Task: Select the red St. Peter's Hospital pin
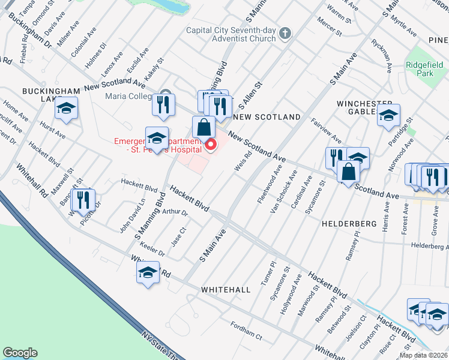(211, 145)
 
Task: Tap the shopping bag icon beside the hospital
(203, 127)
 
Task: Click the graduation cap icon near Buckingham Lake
(66, 109)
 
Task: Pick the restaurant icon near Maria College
(163, 104)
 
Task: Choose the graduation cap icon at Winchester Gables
(388, 115)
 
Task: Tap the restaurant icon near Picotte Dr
(83, 200)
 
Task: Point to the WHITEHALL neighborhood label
(226, 290)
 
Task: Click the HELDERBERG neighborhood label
(348, 223)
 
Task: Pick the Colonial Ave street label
(83, 41)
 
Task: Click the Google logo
(20, 353)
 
